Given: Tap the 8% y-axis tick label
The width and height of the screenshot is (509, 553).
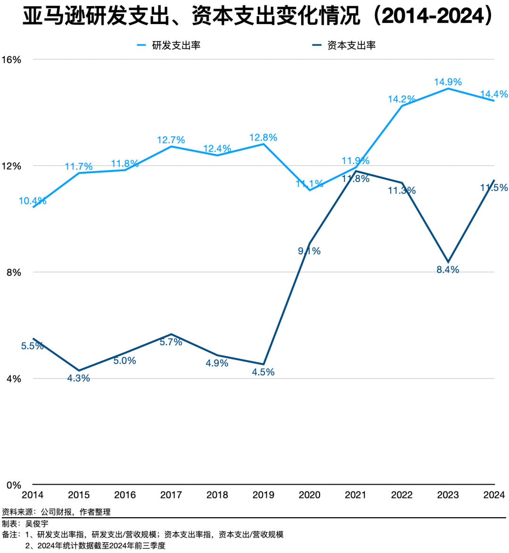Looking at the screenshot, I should (x=14, y=273).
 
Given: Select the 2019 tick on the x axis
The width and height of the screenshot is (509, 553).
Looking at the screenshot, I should (x=263, y=495).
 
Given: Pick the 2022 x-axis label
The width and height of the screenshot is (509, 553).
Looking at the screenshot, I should (x=402, y=495).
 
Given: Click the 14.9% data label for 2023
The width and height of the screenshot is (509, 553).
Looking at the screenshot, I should (x=448, y=82).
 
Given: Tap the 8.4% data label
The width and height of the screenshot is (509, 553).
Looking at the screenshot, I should (x=448, y=270).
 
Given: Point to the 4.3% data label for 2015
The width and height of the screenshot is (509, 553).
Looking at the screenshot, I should (x=79, y=378).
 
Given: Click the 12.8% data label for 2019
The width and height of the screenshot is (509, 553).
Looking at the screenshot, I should (x=263, y=138).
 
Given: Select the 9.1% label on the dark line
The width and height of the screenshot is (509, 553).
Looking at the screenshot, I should (x=309, y=251).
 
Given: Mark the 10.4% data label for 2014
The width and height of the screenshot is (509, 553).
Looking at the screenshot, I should (x=33, y=201).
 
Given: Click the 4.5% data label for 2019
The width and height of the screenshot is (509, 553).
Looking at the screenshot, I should (x=263, y=372).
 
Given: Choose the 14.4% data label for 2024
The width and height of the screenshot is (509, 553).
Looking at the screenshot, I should (x=494, y=94).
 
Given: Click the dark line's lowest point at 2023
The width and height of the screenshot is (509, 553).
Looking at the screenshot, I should (x=448, y=262).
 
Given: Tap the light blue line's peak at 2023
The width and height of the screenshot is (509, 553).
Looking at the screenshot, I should (x=448, y=89).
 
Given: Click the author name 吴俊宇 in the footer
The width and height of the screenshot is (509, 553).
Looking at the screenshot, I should (x=37, y=523).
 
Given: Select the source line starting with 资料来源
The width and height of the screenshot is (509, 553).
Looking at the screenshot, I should (x=56, y=512).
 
